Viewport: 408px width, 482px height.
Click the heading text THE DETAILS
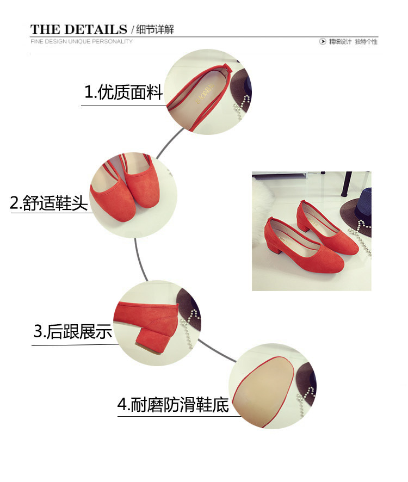[78, 29]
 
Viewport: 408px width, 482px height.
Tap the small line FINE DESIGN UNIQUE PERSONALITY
[81, 41]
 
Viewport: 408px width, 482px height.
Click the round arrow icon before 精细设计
[323, 42]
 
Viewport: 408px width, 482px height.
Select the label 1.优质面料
[123, 92]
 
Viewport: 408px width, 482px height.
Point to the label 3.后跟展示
[73, 331]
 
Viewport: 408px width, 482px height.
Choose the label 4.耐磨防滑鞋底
[173, 405]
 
